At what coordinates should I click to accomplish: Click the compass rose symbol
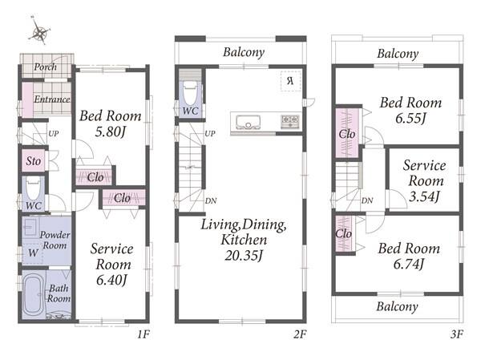(40, 31)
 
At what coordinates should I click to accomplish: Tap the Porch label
(45, 67)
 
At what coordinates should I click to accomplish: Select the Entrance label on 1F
(52, 99)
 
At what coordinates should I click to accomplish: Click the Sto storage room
(34, 160)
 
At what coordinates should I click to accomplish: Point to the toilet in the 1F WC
(34, 188)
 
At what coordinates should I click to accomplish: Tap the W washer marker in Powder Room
(33, 253)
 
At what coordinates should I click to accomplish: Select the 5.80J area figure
(111, 132)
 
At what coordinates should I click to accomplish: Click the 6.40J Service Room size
(111, 280)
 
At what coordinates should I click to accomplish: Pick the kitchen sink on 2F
(249, 122)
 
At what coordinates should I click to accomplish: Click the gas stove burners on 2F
(290, 120)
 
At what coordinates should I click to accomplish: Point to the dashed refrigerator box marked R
(291, 81)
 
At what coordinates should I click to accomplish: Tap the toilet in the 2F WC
(190, 93)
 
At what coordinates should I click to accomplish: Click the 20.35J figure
(244, 255)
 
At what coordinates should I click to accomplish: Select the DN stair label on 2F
(211, 200)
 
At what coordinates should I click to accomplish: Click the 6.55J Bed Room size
(410, 119)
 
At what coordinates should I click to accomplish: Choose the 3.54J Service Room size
(425, 196)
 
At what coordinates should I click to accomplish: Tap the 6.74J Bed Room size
(409, 264)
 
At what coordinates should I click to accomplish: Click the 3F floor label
(457, 334)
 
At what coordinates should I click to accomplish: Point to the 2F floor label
(300, 334)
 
